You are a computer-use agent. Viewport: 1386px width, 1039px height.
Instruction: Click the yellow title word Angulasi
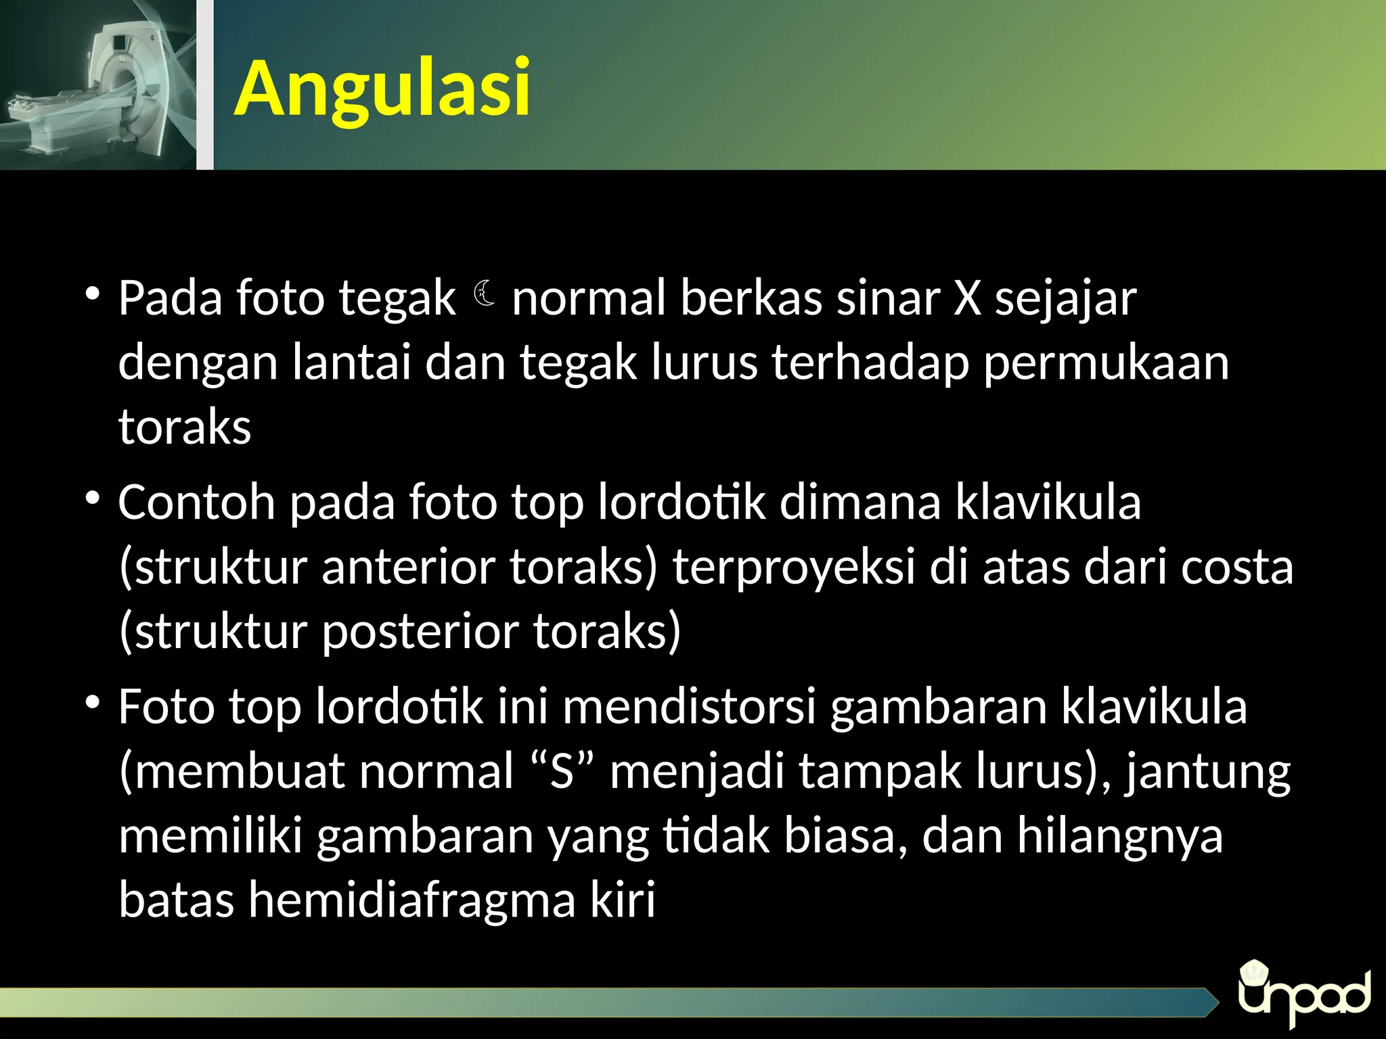pyautogui.click(x=382, y=89)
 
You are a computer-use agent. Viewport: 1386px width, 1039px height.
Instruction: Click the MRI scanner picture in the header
pyautogui.click(x=98, y=85)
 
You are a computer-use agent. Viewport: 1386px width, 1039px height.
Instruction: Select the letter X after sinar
pyautogui.click(x=967, y=298)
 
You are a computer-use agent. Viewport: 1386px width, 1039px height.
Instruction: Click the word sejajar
pyautogui.click(x=1065, y=298)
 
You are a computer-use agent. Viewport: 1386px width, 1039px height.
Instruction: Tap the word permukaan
pyautogui.click(x=1106, y=363)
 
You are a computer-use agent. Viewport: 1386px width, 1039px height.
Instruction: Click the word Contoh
pyautogui.click(x=196, y=503)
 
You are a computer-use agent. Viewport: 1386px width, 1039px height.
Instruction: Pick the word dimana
pyautogui.click(x=860, y=503)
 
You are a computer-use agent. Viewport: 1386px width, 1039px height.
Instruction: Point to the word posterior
pyautogui.click(x=420, y=631)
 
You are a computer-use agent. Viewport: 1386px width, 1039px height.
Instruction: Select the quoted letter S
pyautogui.click(x=562, y=772)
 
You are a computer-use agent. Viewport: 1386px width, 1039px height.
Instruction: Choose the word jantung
pyautogui.click(x=1208, y=772)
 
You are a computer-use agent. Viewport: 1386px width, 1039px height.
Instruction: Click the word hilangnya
pyautogui.click(x=1120, y=836)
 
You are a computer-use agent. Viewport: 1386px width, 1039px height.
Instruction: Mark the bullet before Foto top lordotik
pyautogui.click(x=93, y=703)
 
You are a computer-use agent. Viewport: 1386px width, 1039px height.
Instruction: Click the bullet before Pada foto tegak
pyautogui.click(x=93, y=294)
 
